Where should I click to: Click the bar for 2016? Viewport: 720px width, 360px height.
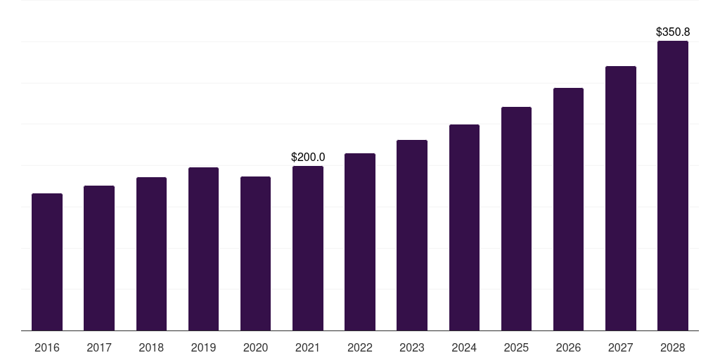[47, 262]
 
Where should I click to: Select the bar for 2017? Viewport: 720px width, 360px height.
[99, 258]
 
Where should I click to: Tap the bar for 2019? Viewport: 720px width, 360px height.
[203, 249]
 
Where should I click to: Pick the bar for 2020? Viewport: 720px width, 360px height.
[255, 253]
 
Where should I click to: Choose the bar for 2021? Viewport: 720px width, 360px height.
[308, 248]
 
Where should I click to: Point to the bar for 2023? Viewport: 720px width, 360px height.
[412, 235]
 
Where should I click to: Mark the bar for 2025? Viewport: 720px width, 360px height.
[516, 219]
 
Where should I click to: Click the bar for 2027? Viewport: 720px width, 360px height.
[620, 198]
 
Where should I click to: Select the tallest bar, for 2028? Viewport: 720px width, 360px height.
[672, 186]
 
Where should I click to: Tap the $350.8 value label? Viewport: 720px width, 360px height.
[672, 32]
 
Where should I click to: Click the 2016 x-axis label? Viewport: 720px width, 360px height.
[47, 347]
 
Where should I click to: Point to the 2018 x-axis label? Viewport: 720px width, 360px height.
[151, 347]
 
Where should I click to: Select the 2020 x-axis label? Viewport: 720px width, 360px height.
[255, 347]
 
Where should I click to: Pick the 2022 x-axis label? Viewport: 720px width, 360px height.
[360, 347]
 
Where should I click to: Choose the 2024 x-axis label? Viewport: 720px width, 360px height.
[464, 347]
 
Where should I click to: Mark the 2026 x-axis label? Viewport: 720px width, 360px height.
[568, 347]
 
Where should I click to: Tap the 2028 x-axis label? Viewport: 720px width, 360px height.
[672, 347]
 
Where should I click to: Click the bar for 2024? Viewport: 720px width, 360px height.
[464, 227]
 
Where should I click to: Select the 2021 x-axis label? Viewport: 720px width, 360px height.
[308, 347]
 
